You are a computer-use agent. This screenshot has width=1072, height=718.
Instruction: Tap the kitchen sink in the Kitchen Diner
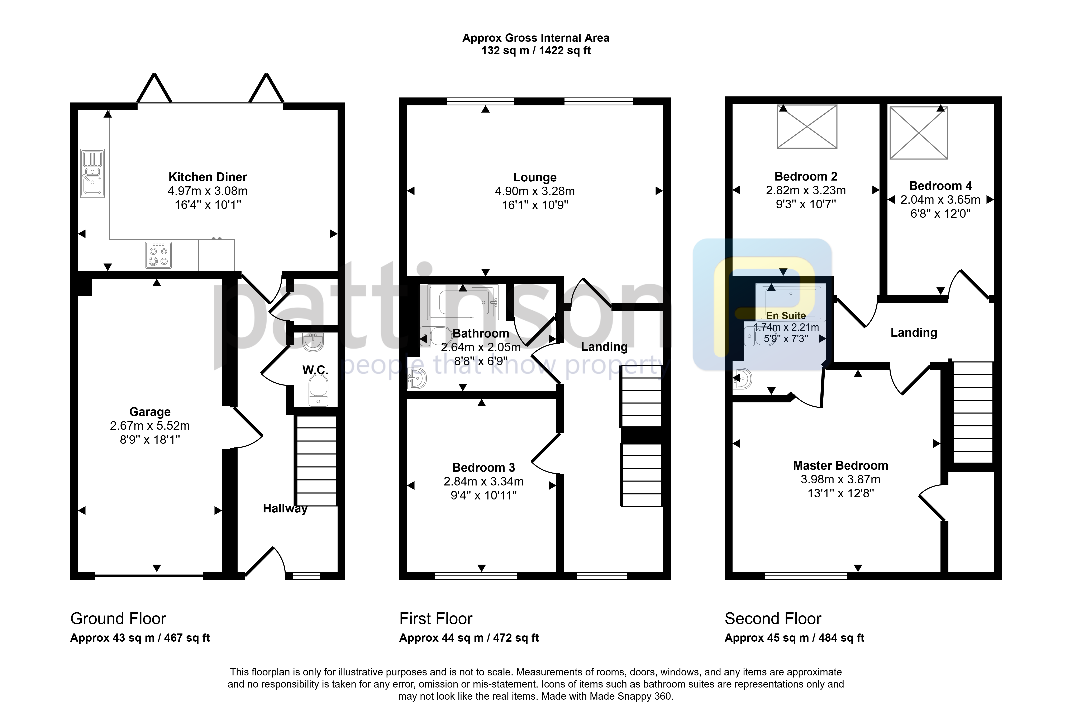pos(92,173)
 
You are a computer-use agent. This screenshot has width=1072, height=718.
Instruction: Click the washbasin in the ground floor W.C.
pos(313,342)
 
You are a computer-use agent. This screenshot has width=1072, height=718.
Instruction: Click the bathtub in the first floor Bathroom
pos(462,302)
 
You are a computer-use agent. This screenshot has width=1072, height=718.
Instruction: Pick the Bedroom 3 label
pos(483,468)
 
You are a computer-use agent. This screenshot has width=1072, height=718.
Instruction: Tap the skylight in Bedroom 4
pos(919,133)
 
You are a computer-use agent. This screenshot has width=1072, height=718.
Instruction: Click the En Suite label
pos(786,316)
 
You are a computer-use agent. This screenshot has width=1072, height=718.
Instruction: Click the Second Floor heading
pos(773,619)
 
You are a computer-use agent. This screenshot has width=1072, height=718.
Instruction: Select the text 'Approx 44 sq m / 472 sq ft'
pos(469,638)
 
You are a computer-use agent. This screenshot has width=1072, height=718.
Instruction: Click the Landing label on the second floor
pos(914,333)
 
